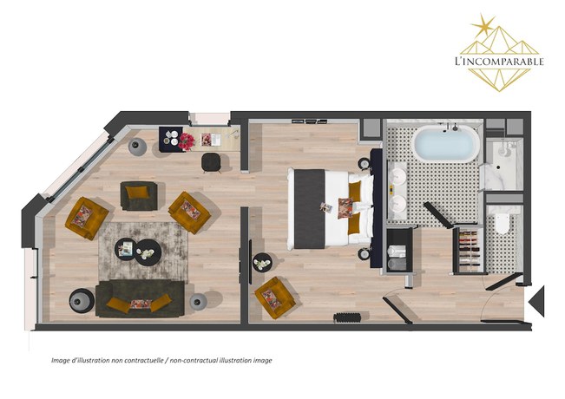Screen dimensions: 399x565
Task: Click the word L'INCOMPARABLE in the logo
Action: tap(498, 62)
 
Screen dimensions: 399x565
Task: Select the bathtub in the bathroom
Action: tap(445, 144)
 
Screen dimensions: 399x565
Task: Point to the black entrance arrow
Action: tap(535, 300)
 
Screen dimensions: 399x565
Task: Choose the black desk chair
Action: tap(211, 161)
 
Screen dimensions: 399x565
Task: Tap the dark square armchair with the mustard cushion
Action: tap(138, 195)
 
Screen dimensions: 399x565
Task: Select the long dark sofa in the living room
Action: tap(139, 298)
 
